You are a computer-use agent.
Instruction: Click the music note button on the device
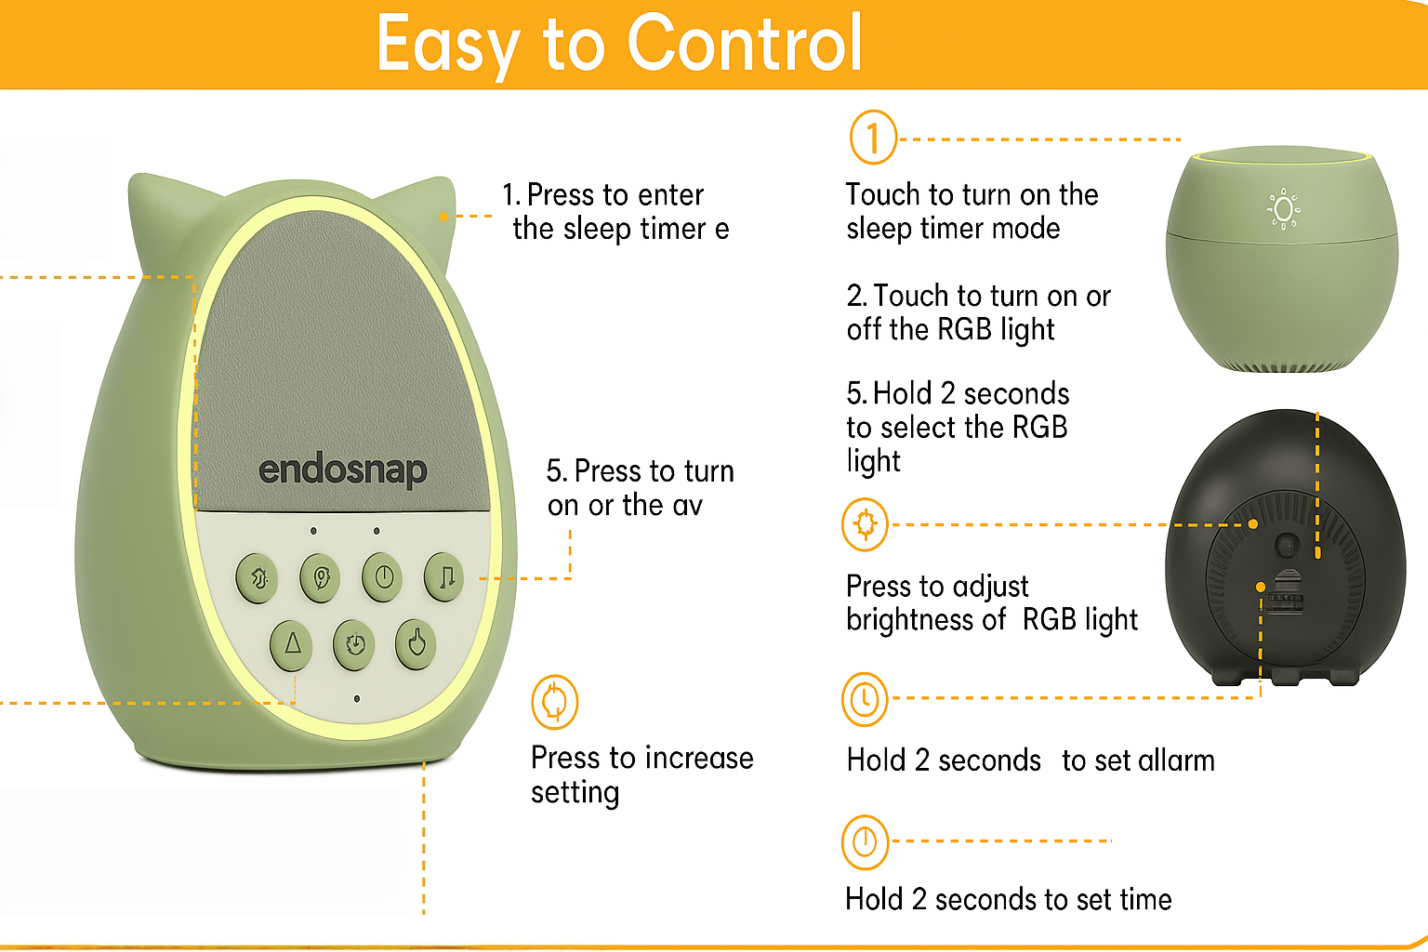(445, 577)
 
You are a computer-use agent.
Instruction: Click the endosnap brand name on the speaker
(342, 470)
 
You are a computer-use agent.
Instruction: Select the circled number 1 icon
(873, 138)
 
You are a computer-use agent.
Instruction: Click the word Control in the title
(745, 44)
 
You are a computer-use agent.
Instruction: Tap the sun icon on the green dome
(1284, 209)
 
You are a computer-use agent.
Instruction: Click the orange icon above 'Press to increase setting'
(554, 702)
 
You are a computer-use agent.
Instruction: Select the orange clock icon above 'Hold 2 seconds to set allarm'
(865, 699)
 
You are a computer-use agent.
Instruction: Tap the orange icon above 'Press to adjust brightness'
(865, 524)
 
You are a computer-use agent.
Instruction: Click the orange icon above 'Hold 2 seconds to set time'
(865, 841)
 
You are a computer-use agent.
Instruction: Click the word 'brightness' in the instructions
(926, 620)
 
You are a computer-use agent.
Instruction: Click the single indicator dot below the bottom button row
(357, 698)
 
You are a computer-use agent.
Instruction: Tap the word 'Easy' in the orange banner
(447, 44)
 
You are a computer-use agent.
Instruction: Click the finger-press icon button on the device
(416, 642)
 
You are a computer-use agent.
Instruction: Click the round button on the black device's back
(1286, 545)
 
